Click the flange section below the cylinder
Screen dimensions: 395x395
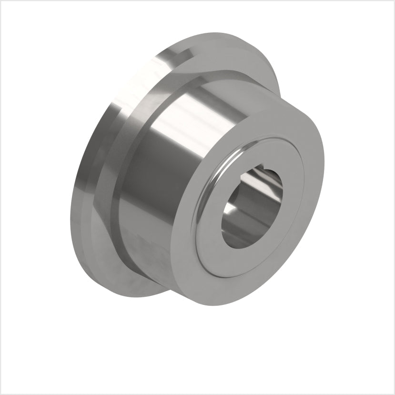click(143, 281)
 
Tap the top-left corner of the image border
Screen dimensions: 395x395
click(1, 1)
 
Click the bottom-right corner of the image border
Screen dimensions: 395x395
click(393, 393)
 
